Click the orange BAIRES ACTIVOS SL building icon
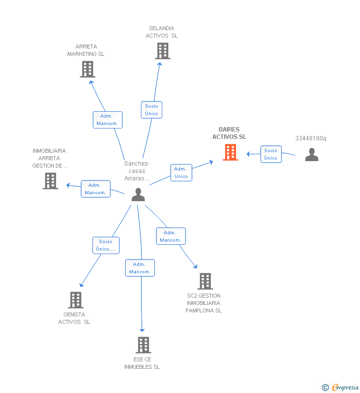coord(230,152)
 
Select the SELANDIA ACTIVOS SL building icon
coord(162,51)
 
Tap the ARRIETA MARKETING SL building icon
coord(87,69)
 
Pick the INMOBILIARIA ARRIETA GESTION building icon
coord(50,181)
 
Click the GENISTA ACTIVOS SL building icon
coord(75,300)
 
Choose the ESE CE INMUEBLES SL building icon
coord(143,345)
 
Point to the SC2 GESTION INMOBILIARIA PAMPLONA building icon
coord(205,281)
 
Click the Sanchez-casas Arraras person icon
coord(138,194)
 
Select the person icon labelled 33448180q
coord(312,155)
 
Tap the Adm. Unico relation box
coord(181,173)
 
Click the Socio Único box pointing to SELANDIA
coord(151,110)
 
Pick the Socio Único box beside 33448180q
coord(270,154)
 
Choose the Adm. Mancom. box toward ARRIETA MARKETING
coord(107,120)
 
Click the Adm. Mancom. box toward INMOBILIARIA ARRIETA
coord(95,189)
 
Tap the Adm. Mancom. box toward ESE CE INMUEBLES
coord(140,268)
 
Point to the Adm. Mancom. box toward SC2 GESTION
coord(171,236)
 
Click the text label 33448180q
coord(311,138)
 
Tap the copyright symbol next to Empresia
coord(325,388)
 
